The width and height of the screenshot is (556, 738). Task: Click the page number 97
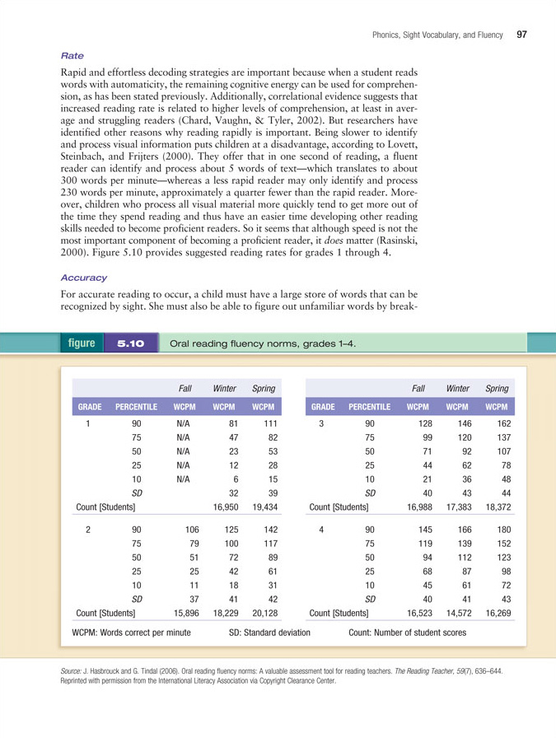point(521,34)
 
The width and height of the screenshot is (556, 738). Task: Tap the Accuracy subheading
point(83,278)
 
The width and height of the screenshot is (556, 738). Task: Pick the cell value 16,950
point(225,507)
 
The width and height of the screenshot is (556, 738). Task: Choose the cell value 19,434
point(264,507)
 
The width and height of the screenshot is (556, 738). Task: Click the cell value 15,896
point(186,614)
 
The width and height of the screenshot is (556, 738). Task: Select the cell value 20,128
point(264,614)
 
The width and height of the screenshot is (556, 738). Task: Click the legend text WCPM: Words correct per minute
point(132,633)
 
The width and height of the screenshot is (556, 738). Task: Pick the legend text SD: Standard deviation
point(269,633)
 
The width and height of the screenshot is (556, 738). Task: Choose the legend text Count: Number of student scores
point(407,633)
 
